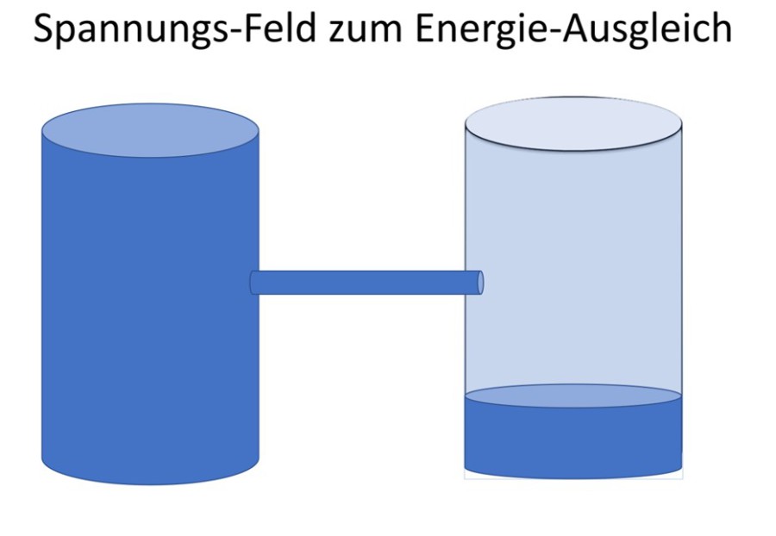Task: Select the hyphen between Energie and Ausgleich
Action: [x=562, y=34]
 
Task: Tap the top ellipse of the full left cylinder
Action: [x=150, y=131]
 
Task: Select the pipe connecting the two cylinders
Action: [x=362, y=283]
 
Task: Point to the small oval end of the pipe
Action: [x=480, y=283]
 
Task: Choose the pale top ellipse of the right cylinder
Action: [x=573, y=125]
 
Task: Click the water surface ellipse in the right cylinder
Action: [x=573, y=396]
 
